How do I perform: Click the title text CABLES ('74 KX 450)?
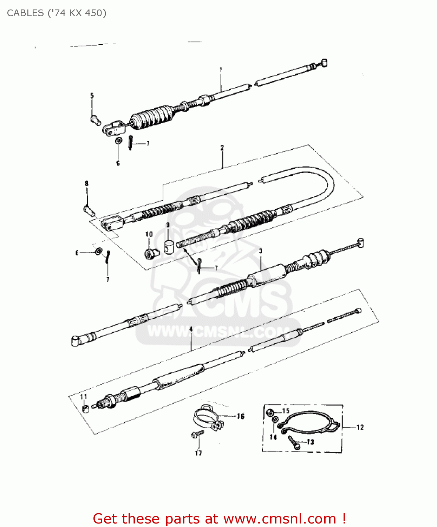[57, 13]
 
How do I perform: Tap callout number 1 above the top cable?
[221, 70]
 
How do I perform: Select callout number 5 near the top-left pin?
[92, 96]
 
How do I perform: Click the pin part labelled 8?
[89, 210]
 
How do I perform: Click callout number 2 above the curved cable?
[222, 148]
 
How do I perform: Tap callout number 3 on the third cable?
[261, 251]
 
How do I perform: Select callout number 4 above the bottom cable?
[191, 329]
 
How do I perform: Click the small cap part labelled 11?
[85, 408]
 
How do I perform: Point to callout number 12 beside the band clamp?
[360, 427]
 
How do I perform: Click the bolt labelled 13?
[293, 442]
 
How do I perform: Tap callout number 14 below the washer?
[273, 437]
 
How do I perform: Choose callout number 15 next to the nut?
[286, 411]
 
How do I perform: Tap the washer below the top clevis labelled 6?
[119, 141]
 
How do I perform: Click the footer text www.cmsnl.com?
[280, 519]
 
